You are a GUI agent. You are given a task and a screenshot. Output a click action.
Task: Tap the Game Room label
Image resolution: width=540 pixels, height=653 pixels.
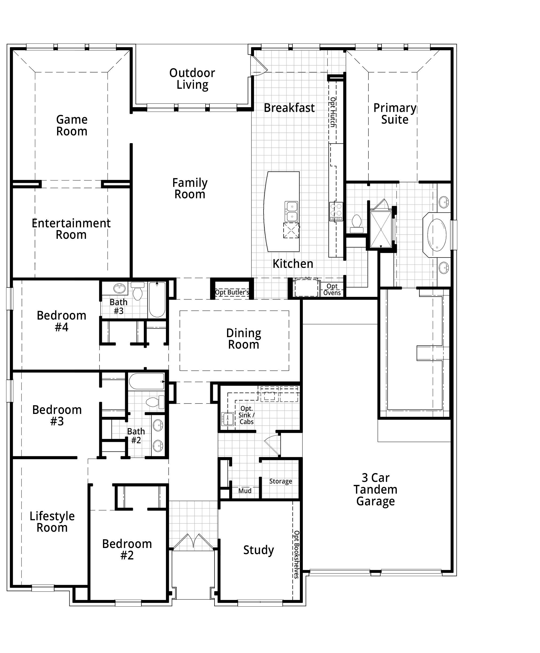pos(72,125)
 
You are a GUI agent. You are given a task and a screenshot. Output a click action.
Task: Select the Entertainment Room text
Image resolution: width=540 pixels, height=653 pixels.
pos(71,229)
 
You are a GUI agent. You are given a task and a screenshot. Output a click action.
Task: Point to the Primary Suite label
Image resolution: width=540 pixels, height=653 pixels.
pos(395,114)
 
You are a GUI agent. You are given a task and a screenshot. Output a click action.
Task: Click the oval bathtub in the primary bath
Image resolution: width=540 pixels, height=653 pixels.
pos(437,235)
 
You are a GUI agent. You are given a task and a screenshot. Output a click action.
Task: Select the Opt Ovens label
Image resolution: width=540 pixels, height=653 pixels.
pos(332,289)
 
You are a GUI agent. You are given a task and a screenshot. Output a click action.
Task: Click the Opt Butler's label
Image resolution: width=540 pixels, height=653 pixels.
pos(232,292)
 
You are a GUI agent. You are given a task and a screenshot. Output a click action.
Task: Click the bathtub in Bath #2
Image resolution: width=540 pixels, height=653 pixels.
pos(146,381)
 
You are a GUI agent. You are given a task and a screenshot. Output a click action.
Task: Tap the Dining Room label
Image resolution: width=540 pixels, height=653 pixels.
pos(244,339)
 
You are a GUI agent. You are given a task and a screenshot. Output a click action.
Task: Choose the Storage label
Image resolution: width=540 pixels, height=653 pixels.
pos(281,481)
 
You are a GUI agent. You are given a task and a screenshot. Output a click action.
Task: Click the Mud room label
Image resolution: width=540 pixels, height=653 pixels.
pos(245,491)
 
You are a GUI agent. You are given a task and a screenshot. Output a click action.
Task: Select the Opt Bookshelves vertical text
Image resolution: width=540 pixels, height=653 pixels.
pos(296,554)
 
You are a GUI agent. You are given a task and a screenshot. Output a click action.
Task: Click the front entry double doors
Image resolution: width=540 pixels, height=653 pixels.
pos(193,542)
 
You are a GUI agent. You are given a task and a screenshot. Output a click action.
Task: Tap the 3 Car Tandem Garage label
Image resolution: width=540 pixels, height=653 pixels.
pos(375,490)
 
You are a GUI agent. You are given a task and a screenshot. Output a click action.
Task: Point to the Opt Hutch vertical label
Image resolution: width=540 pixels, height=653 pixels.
pos(332,112)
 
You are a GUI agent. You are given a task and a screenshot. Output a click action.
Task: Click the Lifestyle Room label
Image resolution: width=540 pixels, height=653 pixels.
pos(52,522)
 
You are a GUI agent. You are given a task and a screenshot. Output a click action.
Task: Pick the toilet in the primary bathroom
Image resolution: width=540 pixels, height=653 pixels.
pos(356,224)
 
